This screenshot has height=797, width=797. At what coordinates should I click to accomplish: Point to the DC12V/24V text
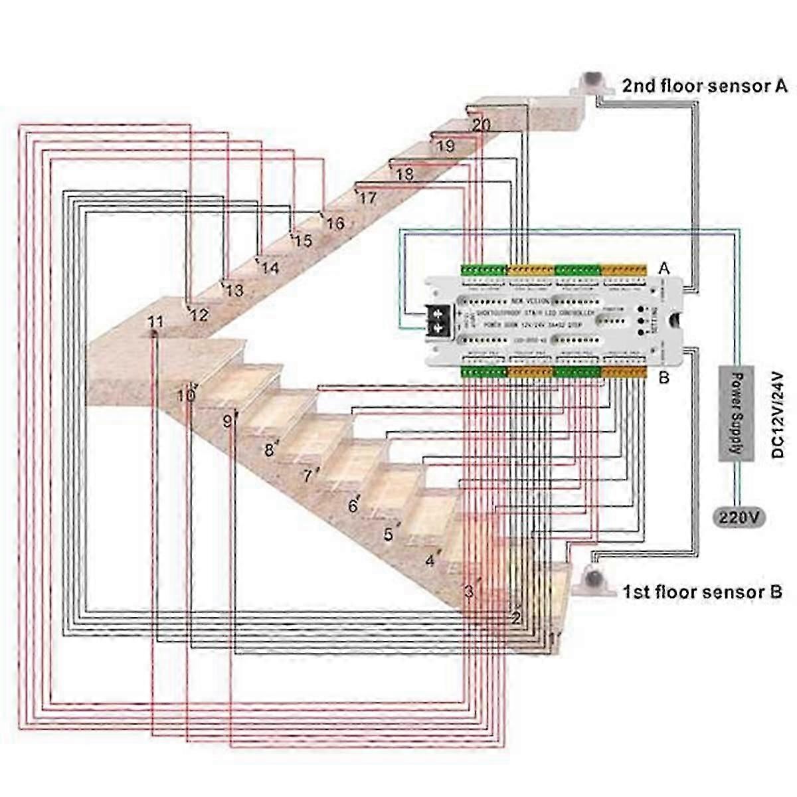pos(778,414)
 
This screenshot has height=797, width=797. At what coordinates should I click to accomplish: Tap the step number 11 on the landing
pos(155,322)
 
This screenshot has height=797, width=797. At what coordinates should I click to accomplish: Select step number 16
pos(335,223)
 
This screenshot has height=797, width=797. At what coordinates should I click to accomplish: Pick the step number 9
pos(227,420)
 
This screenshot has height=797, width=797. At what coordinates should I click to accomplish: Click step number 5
pos(389,534)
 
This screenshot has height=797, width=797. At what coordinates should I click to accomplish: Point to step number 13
pos(234,290)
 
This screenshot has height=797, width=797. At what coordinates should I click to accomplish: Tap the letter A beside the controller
pos(663,268)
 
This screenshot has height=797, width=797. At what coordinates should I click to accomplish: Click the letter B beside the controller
pos(663,379)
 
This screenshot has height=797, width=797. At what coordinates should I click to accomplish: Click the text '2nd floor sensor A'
pos(705,86)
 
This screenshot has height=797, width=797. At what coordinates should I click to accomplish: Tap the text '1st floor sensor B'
pos(702,591)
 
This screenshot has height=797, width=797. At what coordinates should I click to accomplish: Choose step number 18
pos(404,175)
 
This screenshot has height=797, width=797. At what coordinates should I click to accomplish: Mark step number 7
pos(307,476)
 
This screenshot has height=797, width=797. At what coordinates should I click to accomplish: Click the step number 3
pos(469,590)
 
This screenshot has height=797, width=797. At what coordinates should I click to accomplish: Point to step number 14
pos(270,268)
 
